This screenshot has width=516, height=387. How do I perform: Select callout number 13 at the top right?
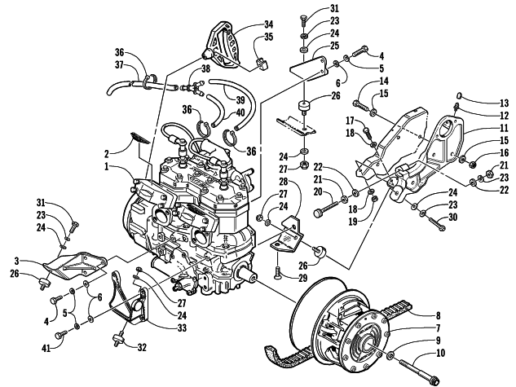point(494,103)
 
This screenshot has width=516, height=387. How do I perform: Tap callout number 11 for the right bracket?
point(494,129)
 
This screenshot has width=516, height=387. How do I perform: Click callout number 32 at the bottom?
point(143,347)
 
